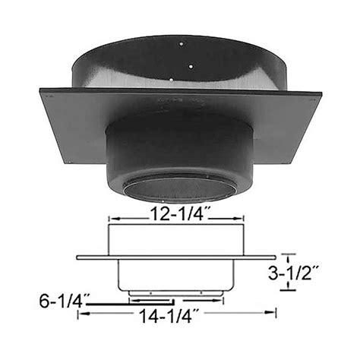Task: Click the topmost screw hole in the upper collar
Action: [x=179, y=44]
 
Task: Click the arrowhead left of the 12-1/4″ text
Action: [x=114, y=216]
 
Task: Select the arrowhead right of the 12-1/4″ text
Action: [x=242, y=216]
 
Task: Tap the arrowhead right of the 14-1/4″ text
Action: [x=273, y=312]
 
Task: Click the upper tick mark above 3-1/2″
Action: [x=286, y=256]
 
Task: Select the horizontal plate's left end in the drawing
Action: [x=79, y=256]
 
